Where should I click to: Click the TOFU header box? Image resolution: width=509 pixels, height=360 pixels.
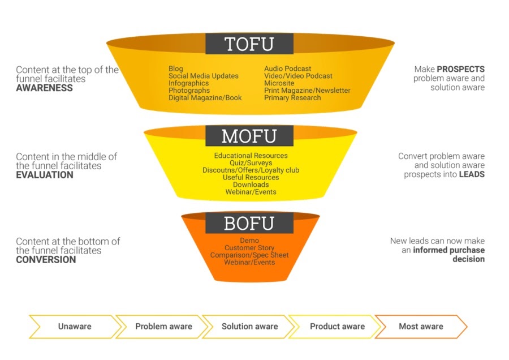coord(249,44)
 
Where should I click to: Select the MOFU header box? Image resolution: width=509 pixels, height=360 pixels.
coord(249,136)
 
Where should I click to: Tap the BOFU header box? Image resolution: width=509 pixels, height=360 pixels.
coord(249,223)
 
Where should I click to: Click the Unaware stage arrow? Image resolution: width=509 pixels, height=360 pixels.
coord(74,327)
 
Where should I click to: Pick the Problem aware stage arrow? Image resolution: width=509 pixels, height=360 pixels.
coord(163,327)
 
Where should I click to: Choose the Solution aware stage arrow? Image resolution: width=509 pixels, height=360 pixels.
coord(249,327)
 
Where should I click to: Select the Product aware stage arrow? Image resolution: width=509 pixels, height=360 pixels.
coord(337,327)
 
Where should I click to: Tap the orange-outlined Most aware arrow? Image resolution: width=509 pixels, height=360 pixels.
coord(421,327)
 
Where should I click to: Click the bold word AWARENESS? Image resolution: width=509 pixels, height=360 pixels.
coord(44,88)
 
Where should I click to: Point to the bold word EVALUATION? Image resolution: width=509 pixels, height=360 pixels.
coord(45,175)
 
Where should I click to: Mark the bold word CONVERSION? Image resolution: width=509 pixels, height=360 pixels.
coord(46,260)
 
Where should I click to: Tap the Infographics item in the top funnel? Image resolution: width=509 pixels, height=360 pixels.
coord(188,83)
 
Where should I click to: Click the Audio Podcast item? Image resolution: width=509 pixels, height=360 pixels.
coord(287,69)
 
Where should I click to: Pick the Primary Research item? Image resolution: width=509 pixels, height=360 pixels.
coord(292,97)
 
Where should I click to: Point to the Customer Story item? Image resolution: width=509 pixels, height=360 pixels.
coord(249,248)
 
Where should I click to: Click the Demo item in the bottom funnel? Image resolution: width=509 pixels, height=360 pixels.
coord(249,241)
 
